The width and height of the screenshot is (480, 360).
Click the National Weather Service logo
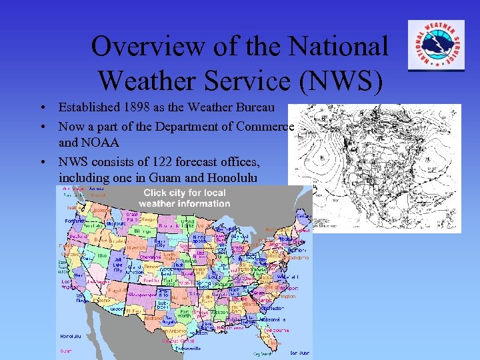437,45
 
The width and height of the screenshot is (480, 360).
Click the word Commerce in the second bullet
266,126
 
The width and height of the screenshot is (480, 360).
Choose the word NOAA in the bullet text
100,142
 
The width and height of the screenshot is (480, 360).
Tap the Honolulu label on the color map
71,336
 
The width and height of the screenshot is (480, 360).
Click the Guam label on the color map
66,351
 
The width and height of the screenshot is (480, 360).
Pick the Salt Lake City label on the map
117,265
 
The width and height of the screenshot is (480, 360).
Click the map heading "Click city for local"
184,193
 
